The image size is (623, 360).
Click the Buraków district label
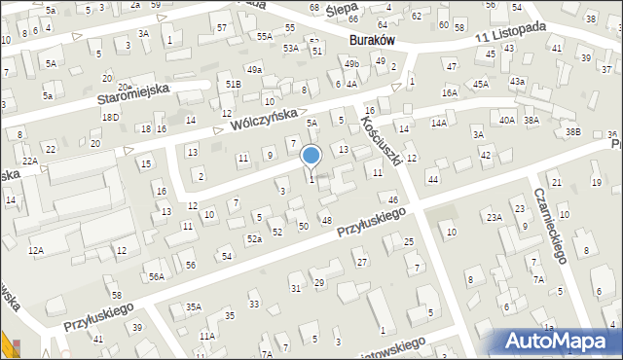370,41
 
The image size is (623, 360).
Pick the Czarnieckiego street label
551,227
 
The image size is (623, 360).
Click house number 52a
254,238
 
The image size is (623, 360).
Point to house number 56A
156,276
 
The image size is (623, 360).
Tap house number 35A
194,306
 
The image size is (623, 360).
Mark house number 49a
254,70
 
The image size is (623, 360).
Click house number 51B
233,85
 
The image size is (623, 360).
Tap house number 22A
30,161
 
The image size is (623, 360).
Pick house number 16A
449,92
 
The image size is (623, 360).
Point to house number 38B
573,131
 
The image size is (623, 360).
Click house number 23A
495,217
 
